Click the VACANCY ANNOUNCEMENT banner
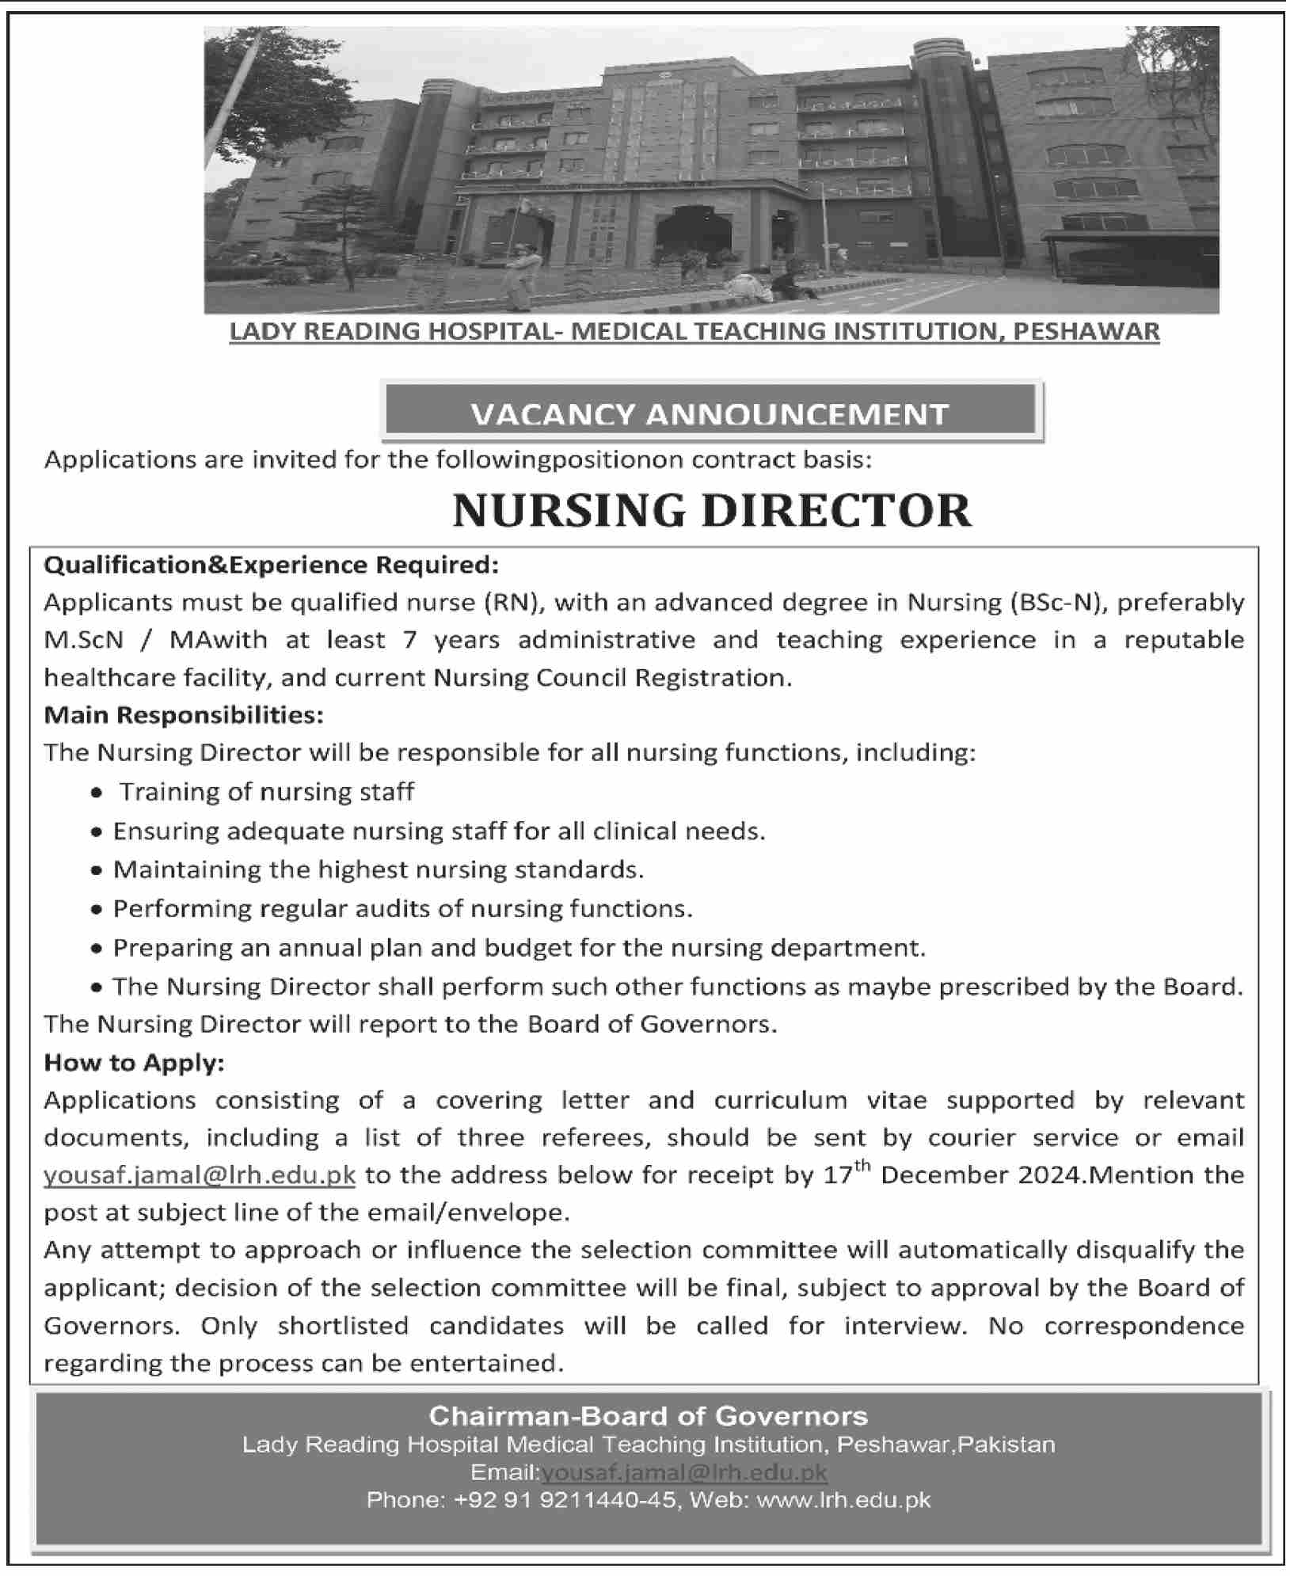pos(710,413)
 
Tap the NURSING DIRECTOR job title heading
pos(711,511)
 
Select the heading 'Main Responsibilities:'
pos(184,715)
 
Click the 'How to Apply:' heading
pos(135,1062)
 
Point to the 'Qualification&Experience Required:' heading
pos(272,565)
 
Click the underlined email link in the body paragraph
pos(200,1175)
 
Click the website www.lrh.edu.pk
pos(844,1500)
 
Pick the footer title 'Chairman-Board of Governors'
pos(648,1415)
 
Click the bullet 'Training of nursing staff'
pos(267,792)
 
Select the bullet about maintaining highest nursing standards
pos(378,870)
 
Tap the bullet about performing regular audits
pos(402,908)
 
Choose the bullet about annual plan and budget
pos(519,947)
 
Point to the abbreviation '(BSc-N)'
pos(1056,603)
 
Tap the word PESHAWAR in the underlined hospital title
pos(1086,331)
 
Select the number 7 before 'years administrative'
pos(409,641)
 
